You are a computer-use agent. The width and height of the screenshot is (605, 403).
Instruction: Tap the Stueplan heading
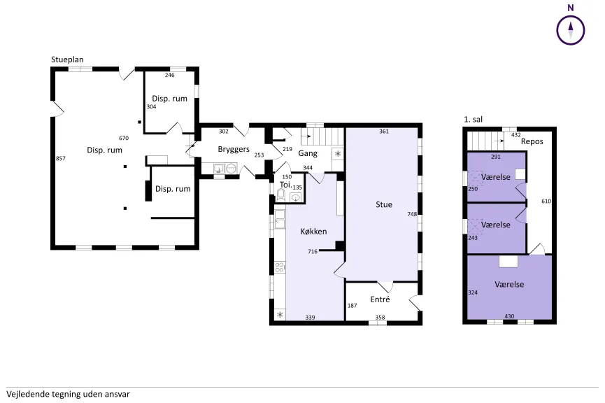(x=68, y=60)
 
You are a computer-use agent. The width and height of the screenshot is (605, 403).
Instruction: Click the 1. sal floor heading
(x=473, y=119)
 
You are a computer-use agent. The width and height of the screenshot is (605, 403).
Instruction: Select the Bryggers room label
(x=234, y=150)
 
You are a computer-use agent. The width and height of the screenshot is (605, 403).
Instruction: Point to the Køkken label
(x=313, y=231)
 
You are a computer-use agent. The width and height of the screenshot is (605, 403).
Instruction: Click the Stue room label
(x=384, y=204)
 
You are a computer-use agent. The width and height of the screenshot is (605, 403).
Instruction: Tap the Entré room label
(x=380, y=299)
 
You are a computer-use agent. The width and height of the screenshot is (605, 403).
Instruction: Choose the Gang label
(x=308, y=153)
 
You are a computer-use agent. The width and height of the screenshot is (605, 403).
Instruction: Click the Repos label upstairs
(x=532, y=141)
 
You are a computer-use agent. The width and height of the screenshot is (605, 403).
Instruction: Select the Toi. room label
(x=285, y=185)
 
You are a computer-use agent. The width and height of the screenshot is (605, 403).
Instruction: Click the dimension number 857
(x=61, y=158)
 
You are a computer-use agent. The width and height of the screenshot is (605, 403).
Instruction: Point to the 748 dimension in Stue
(x=412, y=214)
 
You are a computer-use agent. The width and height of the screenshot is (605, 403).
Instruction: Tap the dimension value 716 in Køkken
(x=313, y=252)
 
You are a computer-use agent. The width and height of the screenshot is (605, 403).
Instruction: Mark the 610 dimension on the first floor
(x=546, y=201)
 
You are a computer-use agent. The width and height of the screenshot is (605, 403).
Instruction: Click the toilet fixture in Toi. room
(x=281, y=195)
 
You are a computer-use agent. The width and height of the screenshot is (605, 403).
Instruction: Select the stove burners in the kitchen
(x=280, y=267)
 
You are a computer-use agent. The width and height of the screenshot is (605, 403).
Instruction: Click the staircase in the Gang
(x=322, y=136)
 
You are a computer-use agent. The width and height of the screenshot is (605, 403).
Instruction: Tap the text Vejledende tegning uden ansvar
(x=68, y=394)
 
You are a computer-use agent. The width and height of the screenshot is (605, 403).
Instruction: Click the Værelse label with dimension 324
(x=509, y=285)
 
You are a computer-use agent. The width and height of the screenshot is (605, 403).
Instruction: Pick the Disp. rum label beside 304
(x=169, y=99)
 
